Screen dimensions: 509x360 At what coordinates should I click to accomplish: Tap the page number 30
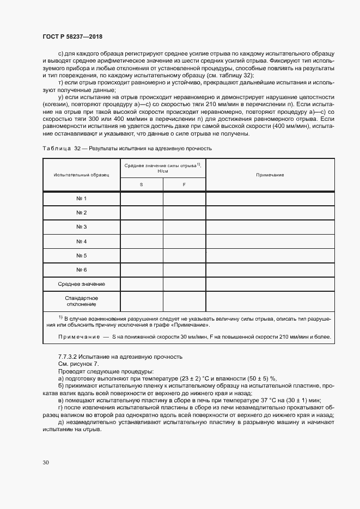[x=45, y=462]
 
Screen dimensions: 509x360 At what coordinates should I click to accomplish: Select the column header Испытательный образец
[x=81, y=175]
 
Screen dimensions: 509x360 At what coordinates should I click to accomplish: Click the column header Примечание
[x=270, y=175]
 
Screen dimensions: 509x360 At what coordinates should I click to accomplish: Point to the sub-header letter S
[x=141, y=185]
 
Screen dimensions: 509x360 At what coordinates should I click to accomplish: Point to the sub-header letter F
[x=184, y=185]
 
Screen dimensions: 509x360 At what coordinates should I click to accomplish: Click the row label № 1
[x=81, y=199]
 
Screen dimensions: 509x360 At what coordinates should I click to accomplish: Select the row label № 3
[x=81, y=227]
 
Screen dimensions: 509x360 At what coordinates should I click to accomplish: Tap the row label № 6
[x=81, y=270]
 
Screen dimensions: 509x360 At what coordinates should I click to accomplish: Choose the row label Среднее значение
[x=81, y=284]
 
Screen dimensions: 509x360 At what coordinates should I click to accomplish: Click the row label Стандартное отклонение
[x=81, y=301]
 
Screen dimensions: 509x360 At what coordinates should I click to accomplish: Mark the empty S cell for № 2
[x=141, y=213]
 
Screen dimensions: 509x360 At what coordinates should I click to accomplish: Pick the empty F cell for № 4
[x=184, y=241]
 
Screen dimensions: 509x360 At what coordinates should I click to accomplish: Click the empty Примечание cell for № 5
[x=270, y=255]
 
